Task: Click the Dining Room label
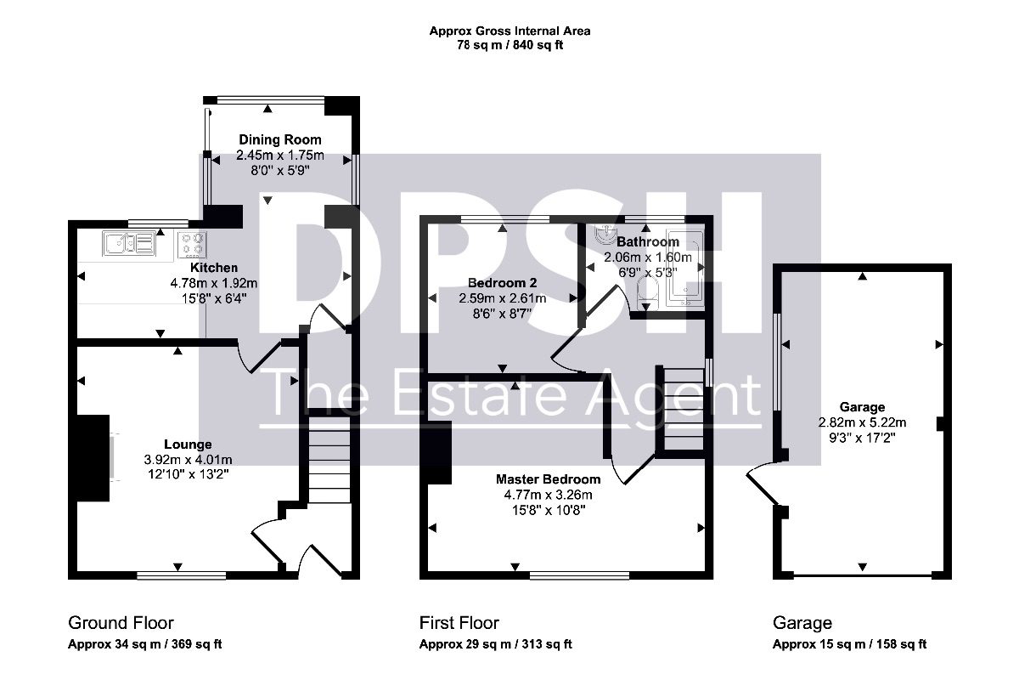[279, 139]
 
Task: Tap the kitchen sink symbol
[129, 243]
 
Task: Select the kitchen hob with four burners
[193, 244]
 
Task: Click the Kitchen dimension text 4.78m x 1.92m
[214, 283]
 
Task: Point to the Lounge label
[188, 445]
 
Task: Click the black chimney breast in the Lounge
[93, 457]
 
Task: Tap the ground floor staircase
[329, 459]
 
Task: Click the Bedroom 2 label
[502, 283]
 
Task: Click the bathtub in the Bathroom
[684, 269]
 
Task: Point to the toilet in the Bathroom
[648, 293]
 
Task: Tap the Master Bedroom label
[549, 479]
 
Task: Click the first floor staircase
[684, 409]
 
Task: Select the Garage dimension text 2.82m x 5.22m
[863, 422]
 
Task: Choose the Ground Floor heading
[121, 623]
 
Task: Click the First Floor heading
[459, 623]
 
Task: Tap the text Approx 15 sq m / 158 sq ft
[849, 644]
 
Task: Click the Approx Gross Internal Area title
[510, 31]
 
